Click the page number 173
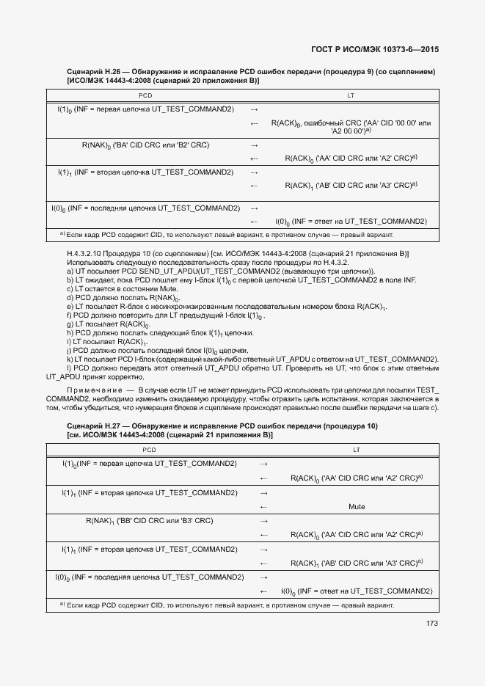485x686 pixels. [431, 624]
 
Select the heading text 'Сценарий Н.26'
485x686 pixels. [95, 72]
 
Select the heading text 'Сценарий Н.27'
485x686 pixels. [95, 426]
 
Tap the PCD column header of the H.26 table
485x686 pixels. [145, 95]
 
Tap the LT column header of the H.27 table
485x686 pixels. [357, 450]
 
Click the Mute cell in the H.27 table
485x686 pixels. [357, 507]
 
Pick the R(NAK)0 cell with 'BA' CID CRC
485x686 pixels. [145, 145]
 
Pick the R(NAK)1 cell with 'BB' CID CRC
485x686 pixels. [149, 521]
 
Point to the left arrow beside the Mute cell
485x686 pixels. [264, 507]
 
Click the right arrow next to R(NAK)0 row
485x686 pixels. [255, 145]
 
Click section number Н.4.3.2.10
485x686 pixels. [87, 253]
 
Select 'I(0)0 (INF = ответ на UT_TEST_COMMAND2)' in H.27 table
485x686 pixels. [357, 591]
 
